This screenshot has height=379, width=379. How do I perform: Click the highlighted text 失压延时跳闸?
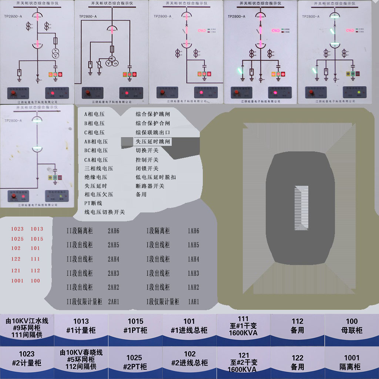[x=152, y=141]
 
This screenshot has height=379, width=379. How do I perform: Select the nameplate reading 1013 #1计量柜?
[x=81, y=326]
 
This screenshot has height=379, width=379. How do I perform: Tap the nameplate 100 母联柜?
[x=352, y=326]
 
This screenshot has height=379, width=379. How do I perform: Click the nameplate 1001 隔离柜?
[x=352, y=362]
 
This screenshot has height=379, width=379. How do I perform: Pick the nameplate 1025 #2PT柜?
[x=135, y=362]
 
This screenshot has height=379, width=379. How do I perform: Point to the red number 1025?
[x=17, y=239]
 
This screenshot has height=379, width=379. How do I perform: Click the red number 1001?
[x=17, y=281]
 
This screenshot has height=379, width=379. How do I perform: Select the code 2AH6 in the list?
[x=113, y=231]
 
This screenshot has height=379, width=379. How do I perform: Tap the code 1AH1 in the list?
[x=193, y=302]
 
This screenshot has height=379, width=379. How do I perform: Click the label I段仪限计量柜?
[x=162, y=302]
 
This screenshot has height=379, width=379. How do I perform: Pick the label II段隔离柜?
[x=80, y=231]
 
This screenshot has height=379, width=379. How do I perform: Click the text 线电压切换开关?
[x=104, y=212]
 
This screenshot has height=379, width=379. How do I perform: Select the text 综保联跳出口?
[x=152, y=132]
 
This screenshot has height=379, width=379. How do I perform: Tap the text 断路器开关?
[x=150, y=186]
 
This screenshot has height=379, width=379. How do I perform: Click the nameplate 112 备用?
[x=297, y=326]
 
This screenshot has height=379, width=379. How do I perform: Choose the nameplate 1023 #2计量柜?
[x=27, y=358]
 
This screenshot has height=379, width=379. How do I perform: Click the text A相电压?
[x=94, y=114]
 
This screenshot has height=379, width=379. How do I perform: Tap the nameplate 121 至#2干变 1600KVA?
[x=243, y=362]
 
